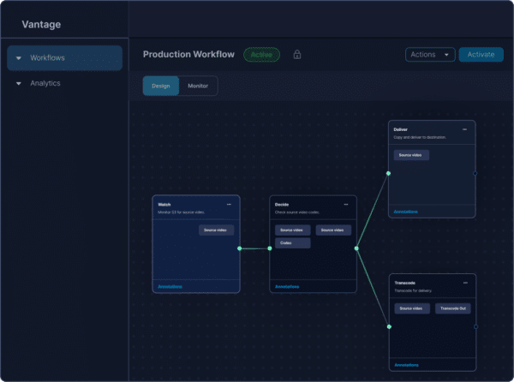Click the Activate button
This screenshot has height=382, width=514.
tap(481, 55)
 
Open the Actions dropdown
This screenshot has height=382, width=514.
tap(430, 55)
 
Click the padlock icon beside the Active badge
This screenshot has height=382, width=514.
tap(297, 55)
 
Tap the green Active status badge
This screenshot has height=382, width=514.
tap(261, 55)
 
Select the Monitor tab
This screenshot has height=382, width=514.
tap(198, 86)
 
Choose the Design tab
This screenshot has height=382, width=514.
tap(161, 86)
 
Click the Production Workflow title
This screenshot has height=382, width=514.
tap(188, 55)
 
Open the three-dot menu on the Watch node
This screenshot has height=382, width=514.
tap(229, 205)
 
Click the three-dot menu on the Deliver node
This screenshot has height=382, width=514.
tap(464, 129)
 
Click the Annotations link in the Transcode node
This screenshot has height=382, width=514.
tap(407, 365)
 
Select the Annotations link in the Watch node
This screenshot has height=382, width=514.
tap(170, 286)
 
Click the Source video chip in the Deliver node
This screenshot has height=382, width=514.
tap(411, 155)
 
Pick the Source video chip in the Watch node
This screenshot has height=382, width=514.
tap(216, 230)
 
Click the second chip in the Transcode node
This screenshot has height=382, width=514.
tap(452, 307)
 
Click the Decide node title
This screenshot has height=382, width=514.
tap(282, 205)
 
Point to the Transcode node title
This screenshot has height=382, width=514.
tap(405, 283)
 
